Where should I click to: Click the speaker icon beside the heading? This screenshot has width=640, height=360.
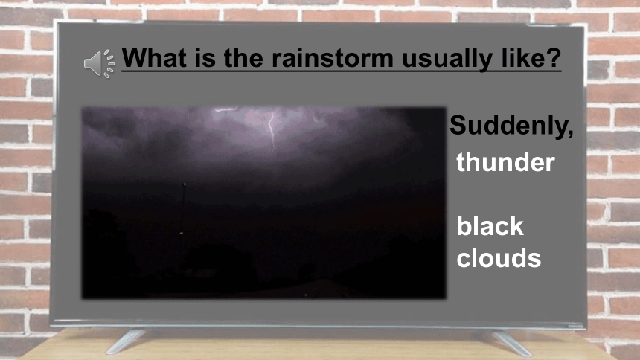99,64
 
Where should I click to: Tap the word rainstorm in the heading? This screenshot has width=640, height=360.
333,58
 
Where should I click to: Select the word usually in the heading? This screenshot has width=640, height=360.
447,60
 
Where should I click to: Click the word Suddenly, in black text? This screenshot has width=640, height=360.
511,126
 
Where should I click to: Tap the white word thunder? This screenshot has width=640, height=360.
506,162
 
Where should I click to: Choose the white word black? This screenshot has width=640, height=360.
490,225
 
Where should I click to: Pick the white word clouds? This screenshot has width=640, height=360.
499,258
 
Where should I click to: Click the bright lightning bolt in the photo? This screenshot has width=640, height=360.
272,129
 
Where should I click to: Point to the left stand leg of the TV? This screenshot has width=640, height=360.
126,341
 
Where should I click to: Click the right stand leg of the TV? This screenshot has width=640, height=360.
512,344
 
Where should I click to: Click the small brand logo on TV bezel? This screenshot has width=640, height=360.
575,326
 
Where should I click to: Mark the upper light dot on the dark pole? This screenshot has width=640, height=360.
185,184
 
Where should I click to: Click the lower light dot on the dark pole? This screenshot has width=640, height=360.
182,233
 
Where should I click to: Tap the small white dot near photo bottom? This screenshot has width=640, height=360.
306,295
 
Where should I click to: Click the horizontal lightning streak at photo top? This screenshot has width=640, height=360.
225,109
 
